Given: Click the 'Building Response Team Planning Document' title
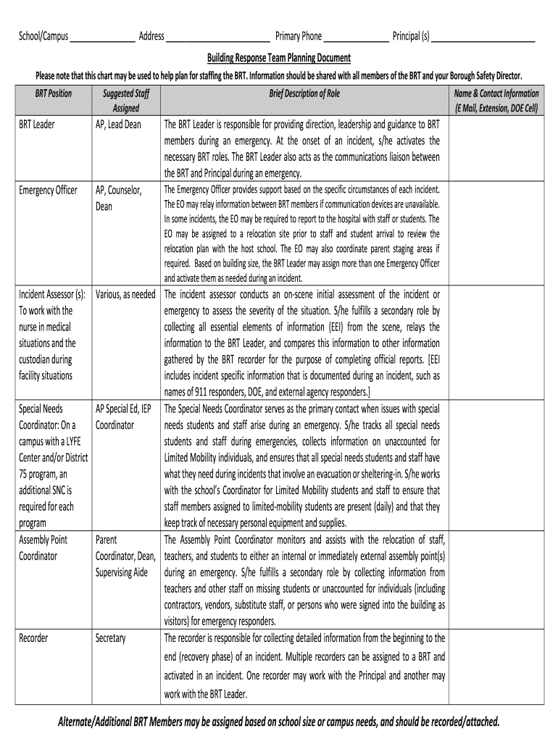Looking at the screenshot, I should (x=279, y=57).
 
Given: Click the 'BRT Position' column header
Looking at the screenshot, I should (x=54, y=94).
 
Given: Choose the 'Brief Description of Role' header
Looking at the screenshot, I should (x=304, y=94).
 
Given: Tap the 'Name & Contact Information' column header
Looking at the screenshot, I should (x=496, y=101).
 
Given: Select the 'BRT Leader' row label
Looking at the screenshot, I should (x=37, y=125).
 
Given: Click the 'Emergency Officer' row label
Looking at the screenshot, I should (x=48, y=191).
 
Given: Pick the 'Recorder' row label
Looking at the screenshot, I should (x=33, y=638).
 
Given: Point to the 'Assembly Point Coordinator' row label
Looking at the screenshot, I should (x=43, y=548).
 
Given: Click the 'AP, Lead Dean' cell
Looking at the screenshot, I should (x=118, y=125).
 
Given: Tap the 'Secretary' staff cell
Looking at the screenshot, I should (x=111, y=638).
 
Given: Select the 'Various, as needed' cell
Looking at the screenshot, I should (x=125, y=295).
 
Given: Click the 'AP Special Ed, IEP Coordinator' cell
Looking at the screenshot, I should (x=123, y=417).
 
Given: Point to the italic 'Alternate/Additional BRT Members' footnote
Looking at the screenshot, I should (x=279, y=722).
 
